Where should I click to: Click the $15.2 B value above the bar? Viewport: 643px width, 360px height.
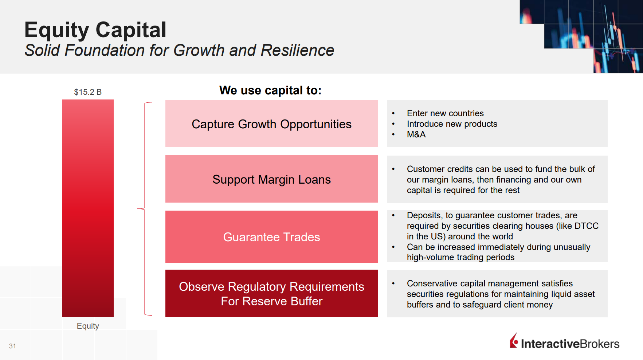[x=88, y=92]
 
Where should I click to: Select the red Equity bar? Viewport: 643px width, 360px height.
[x=88, y=208]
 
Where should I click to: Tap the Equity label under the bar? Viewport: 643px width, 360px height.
[x=88, y=326]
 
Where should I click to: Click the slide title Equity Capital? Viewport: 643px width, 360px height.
[x=95, y=30]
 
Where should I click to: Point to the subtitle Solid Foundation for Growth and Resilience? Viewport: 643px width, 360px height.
[x=179, y=50]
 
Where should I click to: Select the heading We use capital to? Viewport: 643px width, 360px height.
[x=270, y=90]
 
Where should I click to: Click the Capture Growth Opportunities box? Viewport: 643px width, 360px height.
[x=271, y=124]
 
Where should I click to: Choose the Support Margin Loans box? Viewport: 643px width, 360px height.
[x=271, y=179]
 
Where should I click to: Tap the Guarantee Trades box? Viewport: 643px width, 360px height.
[x=271, y=236]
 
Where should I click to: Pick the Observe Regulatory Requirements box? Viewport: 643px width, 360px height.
[x=271, y=293]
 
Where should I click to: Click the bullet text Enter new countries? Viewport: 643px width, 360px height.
[x=445, y=113]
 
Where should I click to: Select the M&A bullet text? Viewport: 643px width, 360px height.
[x=416, y=134]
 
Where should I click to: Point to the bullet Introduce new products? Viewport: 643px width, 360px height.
[x=452, y=124]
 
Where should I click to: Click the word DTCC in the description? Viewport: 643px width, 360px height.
[x=586, y=226]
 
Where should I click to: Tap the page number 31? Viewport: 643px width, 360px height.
[x=12, y=346]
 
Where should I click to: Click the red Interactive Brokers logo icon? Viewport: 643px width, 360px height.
[x=514, y=341]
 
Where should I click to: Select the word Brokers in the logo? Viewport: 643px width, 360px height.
[x=599, y=344]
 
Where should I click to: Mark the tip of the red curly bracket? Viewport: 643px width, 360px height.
[x=137, y=209]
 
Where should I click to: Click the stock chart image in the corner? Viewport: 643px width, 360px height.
[x=581, y=36]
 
